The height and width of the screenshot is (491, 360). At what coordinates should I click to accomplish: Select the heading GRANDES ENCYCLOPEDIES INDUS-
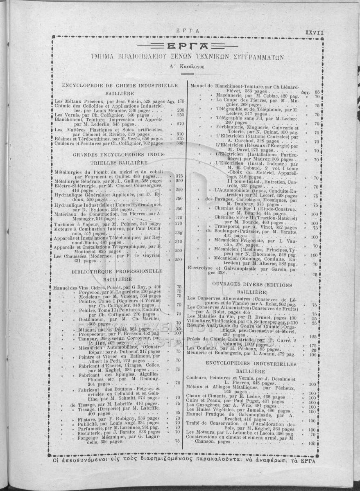click(x=119, y=155)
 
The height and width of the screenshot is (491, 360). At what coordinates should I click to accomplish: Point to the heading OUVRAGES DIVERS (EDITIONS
click(x=252, y=285)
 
